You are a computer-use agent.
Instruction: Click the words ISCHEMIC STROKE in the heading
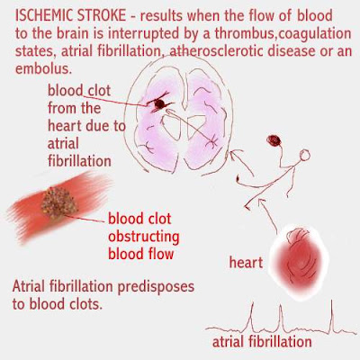[70, 15]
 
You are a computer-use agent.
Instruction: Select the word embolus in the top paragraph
[43, 69]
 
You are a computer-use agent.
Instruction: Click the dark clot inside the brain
[159, 104]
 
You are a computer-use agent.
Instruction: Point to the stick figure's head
[304, 156]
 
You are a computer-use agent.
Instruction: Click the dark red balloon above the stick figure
[274, 140]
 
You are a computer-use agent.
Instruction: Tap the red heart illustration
[299, 258]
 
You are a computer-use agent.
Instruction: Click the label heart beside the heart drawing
[246, 263]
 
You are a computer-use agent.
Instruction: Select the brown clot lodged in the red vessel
[58, 203]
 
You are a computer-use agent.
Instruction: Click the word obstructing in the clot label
[144, 237]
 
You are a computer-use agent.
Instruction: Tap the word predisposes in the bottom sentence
[156, 287]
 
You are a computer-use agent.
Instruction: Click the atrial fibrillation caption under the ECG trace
[262, 342]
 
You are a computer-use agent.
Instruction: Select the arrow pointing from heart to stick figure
[268, 214]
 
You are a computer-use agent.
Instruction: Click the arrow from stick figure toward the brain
[242, 162]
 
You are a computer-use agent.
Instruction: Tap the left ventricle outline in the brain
[171, 127]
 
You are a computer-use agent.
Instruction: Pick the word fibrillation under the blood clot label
[79, 161]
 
